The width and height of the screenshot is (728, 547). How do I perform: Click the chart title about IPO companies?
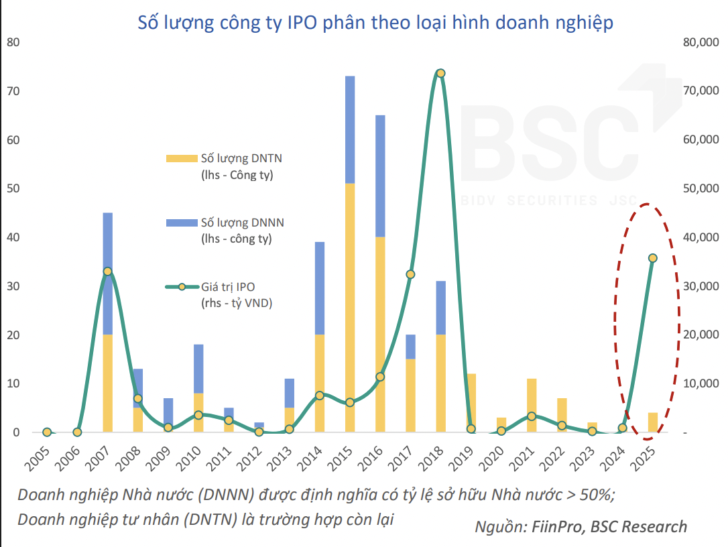pyautogui.click(x=375, y=22)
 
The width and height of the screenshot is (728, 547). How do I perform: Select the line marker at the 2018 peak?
pyautogui.click(x=440, y=73)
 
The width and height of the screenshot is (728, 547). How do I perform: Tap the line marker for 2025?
pyautogui.click(x=652, y=258)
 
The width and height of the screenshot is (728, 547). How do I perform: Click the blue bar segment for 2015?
pyautogui.click(x=350, y=129)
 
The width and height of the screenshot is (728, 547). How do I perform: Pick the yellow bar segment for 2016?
pyautogui.click(x=380, y=335)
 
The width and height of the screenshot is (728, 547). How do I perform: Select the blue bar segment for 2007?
pyautogui.click(x=107, y=241)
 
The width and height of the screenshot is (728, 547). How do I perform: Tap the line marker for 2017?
pyautogui.click(x=410, y=274)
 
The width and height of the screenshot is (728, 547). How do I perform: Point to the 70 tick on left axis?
pyautogui.click(x=13, y=91)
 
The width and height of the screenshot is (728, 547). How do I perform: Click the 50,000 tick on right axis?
pyautogui.click(x=700, y=189)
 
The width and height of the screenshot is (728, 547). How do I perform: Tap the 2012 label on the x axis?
pyautogui.click(x=255, y=455)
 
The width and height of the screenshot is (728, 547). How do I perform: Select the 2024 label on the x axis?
pyautogui.click(x=619, y=455)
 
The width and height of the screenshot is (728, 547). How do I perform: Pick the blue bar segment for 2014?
pyautogui.click(x=320, y=288)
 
